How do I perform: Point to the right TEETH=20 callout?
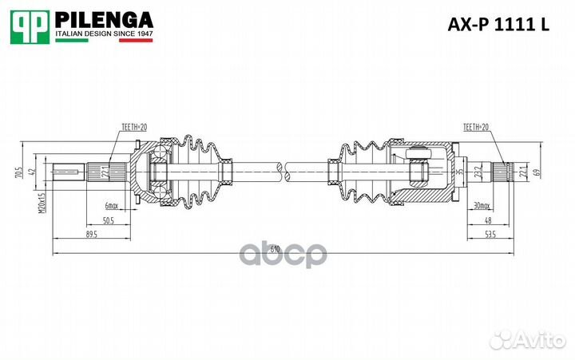coord(476,127)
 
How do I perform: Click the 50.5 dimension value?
coord(109,221)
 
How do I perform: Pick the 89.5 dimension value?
coord(91,235)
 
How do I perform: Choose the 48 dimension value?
coord(487,221)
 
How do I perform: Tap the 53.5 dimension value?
coord(489,235)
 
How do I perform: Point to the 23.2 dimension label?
coord(477,171)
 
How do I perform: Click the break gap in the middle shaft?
coord(282,169)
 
